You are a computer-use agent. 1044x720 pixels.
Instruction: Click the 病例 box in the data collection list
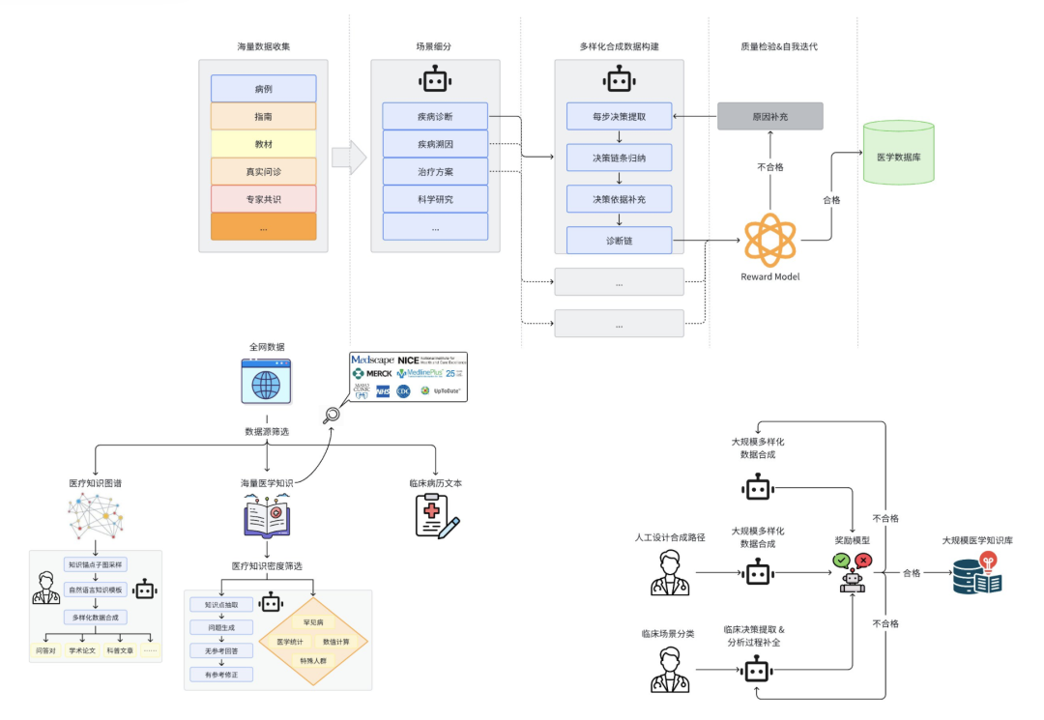point(263,89)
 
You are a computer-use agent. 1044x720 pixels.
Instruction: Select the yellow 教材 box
point(263,144)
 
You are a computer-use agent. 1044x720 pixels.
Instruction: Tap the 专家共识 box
point(263,199)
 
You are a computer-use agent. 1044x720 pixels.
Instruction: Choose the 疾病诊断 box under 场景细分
point(435,116)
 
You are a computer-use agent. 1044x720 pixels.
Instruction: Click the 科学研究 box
point(435,199)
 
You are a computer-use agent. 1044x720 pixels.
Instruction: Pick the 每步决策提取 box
point(619,116)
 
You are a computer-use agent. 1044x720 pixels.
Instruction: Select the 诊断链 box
point(619,240)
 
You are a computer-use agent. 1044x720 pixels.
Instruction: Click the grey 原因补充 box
point(769,116)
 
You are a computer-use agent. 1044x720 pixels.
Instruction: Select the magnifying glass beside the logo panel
point(332,417)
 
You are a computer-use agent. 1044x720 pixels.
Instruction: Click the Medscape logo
point(373,360)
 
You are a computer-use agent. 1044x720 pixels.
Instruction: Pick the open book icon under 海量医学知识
point(268,517)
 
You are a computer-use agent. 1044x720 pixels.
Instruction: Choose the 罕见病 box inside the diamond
point(312,623)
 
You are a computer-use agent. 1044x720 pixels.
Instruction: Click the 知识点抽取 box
point(221,605)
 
